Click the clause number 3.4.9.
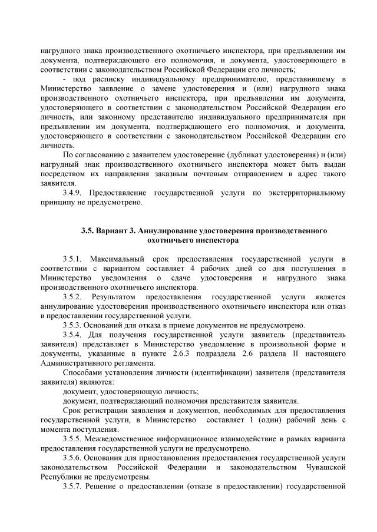pos(73,193)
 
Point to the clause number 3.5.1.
pos(74,259)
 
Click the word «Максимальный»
pos(123,259)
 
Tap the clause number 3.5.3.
pos(73,325)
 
